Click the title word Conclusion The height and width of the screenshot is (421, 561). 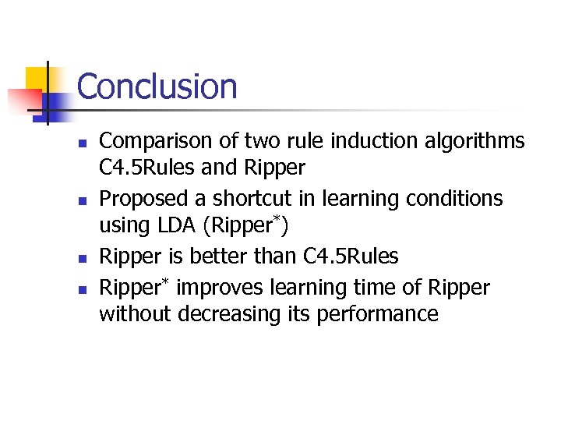point(157,86)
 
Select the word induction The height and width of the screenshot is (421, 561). point(371,141)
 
